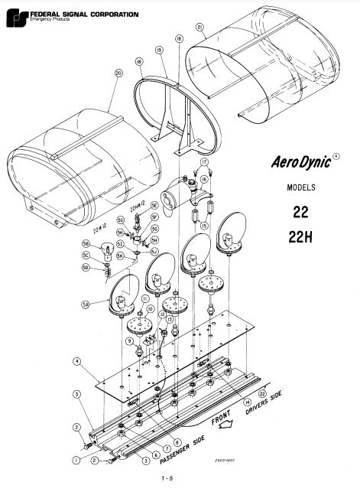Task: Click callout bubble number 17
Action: (204, 163)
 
